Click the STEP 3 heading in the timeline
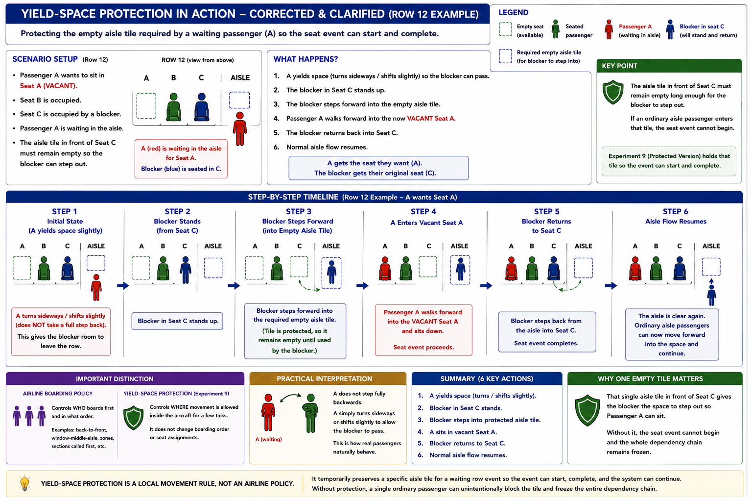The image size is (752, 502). click(x=299, y=211)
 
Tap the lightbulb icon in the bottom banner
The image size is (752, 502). click(x=24, y=483)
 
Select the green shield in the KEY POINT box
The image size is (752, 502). click(x=613, y=92)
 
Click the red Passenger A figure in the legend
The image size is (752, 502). click(x=609, y=29)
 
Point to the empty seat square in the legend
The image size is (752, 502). click(x=505, y=29)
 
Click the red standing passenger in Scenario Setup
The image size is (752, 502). click(x=240, y=129)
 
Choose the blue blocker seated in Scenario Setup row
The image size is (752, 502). click(x=201, y=107)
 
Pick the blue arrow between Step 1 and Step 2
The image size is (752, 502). click(x=123, y=286)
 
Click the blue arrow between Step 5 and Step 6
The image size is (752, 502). click(x=611, y=286)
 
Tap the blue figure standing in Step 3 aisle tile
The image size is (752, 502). click(x=331, y=272)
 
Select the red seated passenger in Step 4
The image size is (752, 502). click(x=385, y=269)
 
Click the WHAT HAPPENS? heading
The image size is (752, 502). click(x=305, y=59)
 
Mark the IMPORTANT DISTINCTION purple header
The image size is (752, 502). click(x=125, y=378)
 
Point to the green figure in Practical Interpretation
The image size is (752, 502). click(x=310, y=413)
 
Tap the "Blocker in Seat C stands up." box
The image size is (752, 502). click(x=177, y=321)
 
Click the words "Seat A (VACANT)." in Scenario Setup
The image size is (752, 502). click(x=48, y=86)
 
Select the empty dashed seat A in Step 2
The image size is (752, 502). click(x=141, y=268)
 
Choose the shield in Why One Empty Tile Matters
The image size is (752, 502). click(x=587, y=410)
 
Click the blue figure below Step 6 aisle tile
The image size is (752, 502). click(x=711, y=295)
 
